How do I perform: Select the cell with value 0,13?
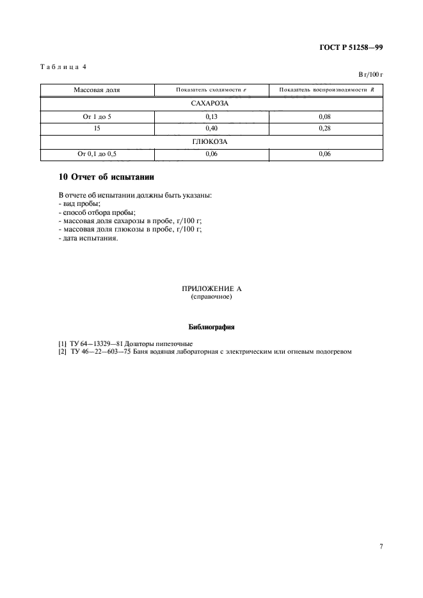[211, 116]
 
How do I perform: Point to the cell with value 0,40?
[211, 129]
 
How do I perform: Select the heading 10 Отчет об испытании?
[106, 177]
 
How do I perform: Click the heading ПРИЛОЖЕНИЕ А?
[211, 289]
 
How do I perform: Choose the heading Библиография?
[211, 327]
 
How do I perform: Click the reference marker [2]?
[62, 352]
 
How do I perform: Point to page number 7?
[381, 547]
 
